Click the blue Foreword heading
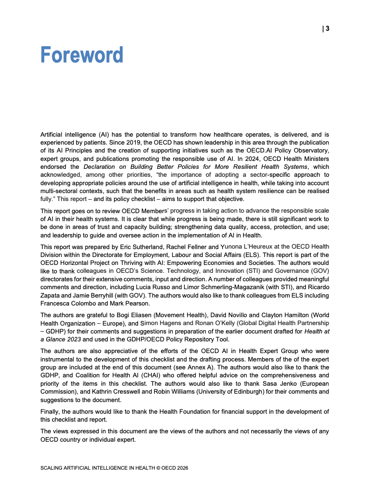[82, 55]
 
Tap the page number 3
[328, 28]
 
